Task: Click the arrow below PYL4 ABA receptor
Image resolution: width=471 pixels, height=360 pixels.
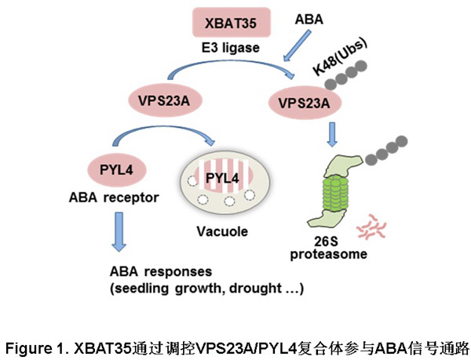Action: [119, 231]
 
